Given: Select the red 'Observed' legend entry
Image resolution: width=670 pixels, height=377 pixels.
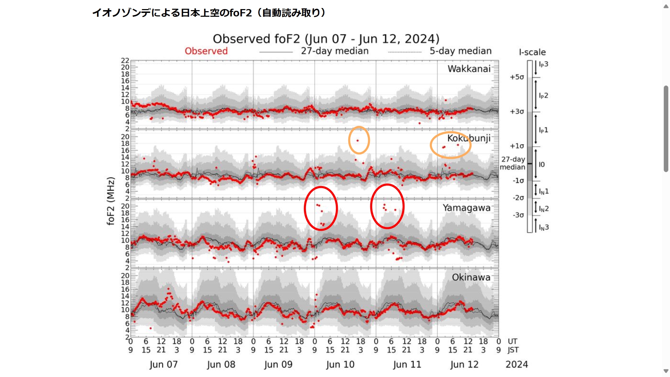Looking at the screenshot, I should [x=206, y=51].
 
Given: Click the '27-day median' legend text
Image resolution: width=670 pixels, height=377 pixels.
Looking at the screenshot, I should [x=334, y=51].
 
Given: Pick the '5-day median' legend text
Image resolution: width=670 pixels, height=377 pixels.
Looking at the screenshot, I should [x=460, y=51].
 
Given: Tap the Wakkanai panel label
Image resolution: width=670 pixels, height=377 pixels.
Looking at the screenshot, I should [x=469, y=69].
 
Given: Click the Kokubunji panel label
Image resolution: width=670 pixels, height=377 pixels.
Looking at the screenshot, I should [x=469, y=138].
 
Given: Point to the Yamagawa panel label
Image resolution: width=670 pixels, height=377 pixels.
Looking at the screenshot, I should [x=466, y=208].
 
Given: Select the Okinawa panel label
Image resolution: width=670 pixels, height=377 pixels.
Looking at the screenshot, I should [x=471, y=277].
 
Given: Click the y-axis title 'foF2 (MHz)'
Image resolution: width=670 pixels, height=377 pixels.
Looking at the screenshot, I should [x=111, y=201].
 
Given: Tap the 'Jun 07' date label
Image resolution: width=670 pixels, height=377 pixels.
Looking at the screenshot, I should [x=163, y=364].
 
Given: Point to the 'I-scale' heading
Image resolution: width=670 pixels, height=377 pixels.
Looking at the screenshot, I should [x=532, y=52].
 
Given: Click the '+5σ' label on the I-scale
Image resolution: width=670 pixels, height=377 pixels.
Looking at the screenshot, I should [x=517, y=77].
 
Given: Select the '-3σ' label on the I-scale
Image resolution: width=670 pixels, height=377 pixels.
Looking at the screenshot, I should [x=518, y=215].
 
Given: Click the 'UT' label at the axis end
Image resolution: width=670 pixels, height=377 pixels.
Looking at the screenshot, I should [x=512, y=341].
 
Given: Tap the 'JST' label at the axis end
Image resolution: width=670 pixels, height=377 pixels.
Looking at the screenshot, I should [x=513, y=350].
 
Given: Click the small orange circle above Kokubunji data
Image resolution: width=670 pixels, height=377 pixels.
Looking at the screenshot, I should [x=359, y=140].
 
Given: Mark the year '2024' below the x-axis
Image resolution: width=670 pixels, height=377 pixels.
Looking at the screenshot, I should [x=516, y=364].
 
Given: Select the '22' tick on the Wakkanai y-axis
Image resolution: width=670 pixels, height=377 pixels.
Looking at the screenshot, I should [x=125, y=60].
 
